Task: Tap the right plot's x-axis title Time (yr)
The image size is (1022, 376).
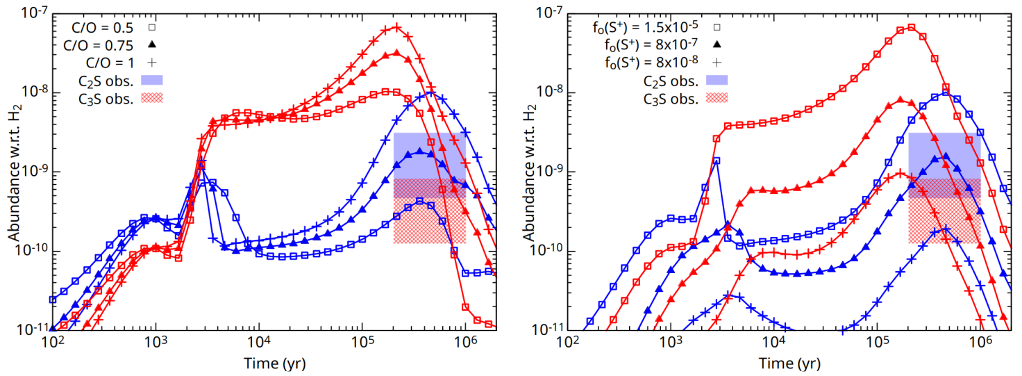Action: coord(790,363)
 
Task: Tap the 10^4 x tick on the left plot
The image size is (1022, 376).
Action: coord(258,343)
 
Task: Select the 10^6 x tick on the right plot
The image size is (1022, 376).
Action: coord(980,343)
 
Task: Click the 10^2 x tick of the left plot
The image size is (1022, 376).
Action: coord(52,343)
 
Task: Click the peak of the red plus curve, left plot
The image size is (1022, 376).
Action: coord(396,27)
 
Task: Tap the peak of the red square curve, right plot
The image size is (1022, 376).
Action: coord(911,27)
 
